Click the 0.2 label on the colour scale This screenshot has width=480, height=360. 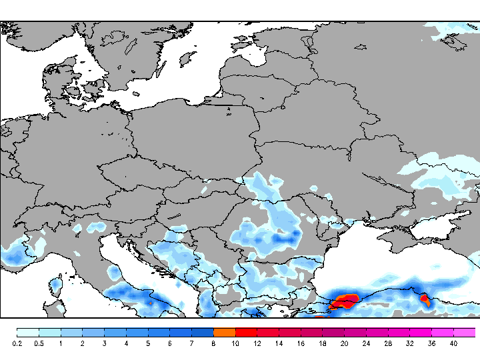[x=17, y=343]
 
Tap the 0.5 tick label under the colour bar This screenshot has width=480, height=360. [x=39, y=343]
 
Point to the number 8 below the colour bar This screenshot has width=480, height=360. [x=213, y=343]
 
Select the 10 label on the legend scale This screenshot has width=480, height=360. [x=235, y=343]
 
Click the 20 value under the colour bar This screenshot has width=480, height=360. [x=344, y=343]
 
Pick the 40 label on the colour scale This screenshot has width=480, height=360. [x=453, y=343]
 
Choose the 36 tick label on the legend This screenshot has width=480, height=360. [x=431, y=343]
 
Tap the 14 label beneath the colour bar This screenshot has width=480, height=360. [x=279, y=343]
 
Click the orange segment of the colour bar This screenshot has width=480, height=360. [x=225, y=332]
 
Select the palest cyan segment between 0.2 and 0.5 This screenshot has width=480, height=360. [x=29, y=332]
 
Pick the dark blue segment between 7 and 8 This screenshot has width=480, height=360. [x=203, y=332]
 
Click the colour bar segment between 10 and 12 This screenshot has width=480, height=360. [x=246, y=332]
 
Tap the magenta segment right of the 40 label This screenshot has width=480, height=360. [x=465, y=332]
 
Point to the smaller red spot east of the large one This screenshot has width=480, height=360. [x=424, y=301]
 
